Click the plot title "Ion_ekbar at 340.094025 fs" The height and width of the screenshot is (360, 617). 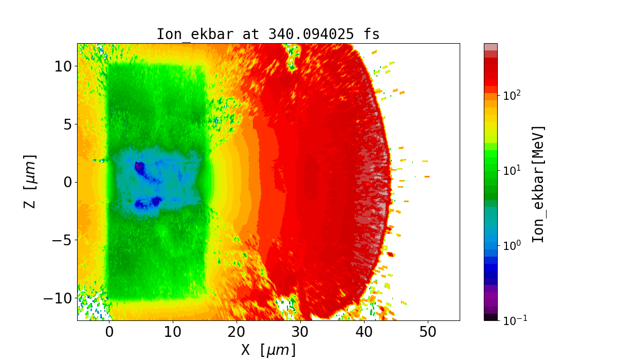(268, 34)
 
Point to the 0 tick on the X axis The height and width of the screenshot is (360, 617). (109, 332)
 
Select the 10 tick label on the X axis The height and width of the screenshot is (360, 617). (173, 332)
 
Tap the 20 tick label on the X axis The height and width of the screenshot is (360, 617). (237, 332)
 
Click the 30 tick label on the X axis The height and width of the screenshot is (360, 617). (300, 332)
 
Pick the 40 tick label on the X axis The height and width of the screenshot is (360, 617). (364, 332)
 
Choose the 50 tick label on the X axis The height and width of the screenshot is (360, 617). (428, 332)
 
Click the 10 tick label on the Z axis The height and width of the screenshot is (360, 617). (62, 66)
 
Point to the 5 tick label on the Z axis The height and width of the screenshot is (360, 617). (66, 124)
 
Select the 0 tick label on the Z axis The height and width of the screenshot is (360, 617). (66, 182)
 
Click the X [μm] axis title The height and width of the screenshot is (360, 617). (268, 350)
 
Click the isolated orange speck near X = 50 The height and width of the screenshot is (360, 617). (427, 176)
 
